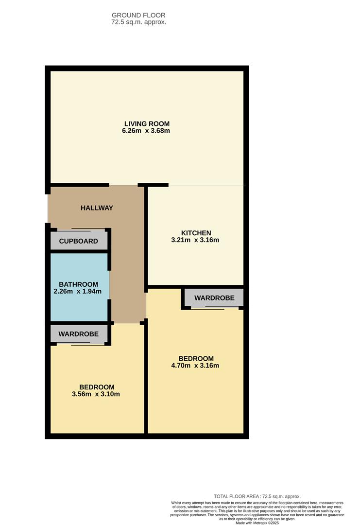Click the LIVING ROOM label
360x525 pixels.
tap(147, 123)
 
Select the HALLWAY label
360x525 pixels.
tap(97, 208)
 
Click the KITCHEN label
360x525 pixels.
tap(196, 233)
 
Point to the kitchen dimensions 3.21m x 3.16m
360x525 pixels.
tap(196, 240)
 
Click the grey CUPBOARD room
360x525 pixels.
tap(79, 241)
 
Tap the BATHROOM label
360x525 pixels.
tap(79, 284)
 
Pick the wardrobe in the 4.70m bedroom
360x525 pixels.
tap(214, 298)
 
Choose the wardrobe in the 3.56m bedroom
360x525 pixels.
tap(79, 334)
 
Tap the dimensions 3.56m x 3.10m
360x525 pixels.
tap(97, 394)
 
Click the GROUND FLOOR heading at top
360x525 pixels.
tap(138, 16)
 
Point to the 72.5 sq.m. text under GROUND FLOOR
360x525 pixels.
tap(138, 22)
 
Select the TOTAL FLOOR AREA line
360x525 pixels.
tap(257, 496)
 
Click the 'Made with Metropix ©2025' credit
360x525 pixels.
tap(257, 523)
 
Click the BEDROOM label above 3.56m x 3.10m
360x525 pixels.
tap(97, 387)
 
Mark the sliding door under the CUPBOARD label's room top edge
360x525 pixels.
tap(81, 229)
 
